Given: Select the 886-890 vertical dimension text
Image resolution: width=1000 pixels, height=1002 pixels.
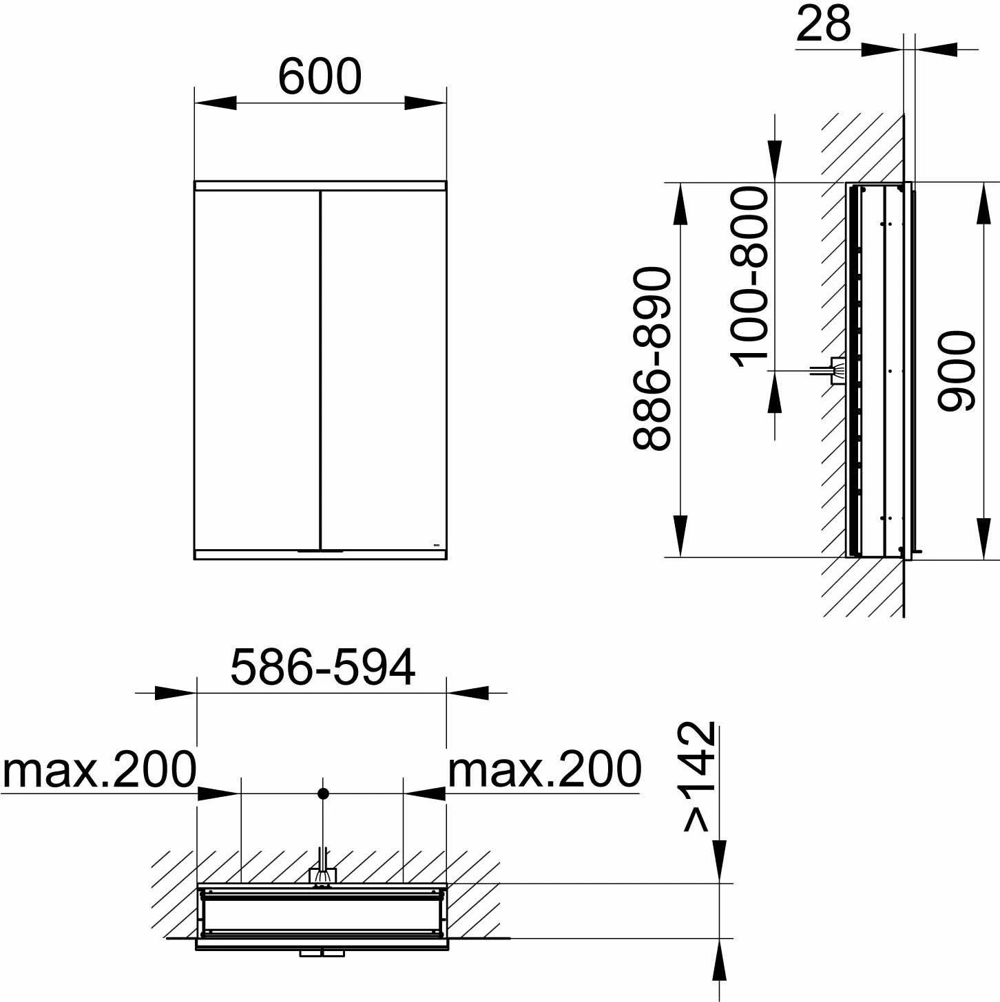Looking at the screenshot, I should pyautogui.click(x=652, y=359).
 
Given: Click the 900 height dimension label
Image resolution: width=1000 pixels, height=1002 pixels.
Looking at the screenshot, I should pyautogui.click(x=957, y=371).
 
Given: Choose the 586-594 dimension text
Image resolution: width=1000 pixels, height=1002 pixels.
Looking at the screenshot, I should pyautogui.click(x=323, y=668).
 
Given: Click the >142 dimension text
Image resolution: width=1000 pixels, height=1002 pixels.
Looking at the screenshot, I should pyautogui.click(x=699, y=776).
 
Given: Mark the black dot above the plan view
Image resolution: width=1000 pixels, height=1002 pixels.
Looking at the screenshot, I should pyautogui.click(x=322, y=793).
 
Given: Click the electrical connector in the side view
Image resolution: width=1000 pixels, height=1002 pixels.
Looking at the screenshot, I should pyautogui.click(x=837, y=371).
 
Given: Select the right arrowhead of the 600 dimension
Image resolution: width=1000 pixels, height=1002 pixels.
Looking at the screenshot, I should pyautogui.click(x=425, y=103).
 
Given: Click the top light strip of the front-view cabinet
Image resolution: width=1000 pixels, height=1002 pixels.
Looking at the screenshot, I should pyautogui.click(x=320, y=185).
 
